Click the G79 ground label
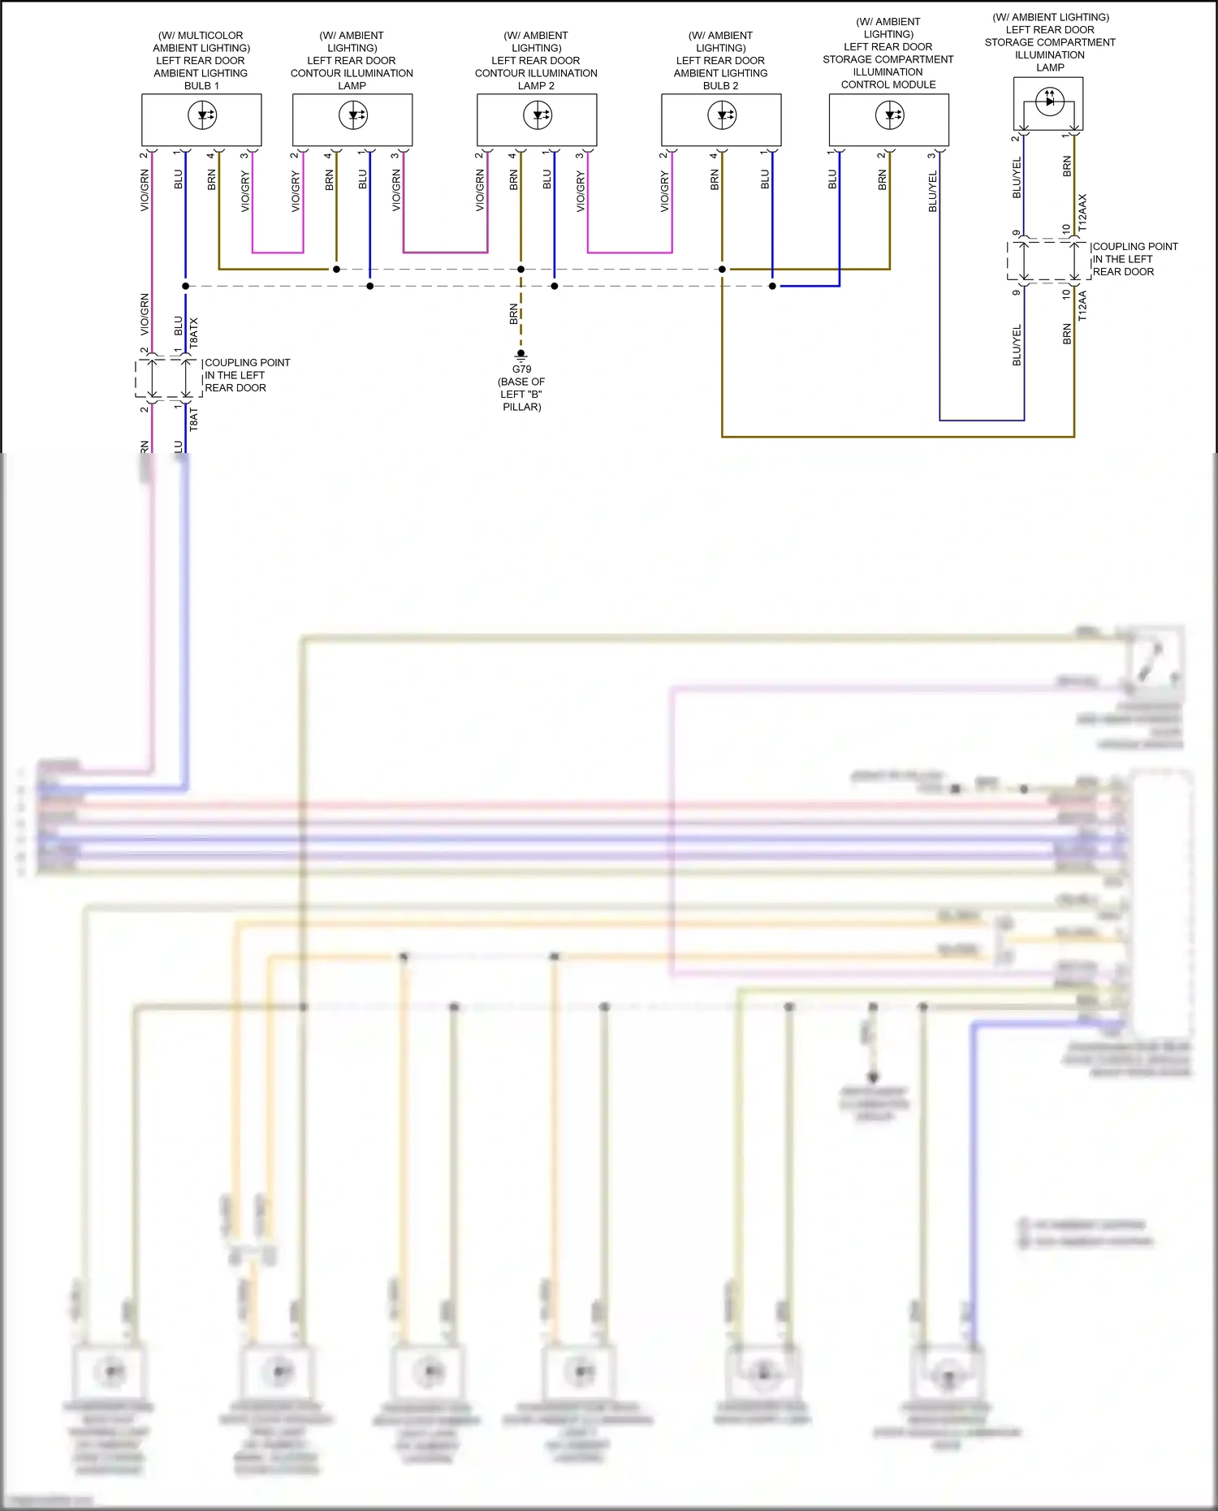pyautogui.click(x=521, y=369)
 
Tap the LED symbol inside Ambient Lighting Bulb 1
pyautogui.click(x=202, y=115)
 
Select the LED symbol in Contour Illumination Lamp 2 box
pyautogui.click(x=538, y=115)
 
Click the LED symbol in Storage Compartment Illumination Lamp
pyautogui.click(x=1050, y=101)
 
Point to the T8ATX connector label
pyautogui.click(x=193, y=333)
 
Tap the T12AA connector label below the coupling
pyautogui.click(x=1082, y=306)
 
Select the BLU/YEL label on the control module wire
pyautogui.click(x=933, y=192)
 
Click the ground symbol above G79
pyautogui.click(x=521, y=355)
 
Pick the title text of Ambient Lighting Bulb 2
pyautogui.click(x=720, y=60)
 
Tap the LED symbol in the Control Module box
pyautogui.click(x=890, y=115)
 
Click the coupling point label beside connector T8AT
pyautogui.click(x=247, y=375)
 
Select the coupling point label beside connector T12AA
pyautogui.click(x=1134, y=259)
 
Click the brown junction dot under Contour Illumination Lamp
pyautogui.click(x=336, y=269)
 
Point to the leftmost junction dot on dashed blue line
pyautogui.click(x=186, y=286)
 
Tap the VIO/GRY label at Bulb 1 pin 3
pyautogui.click(x=245, y=192)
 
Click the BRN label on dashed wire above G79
pyautogui.click(x=513, y=314)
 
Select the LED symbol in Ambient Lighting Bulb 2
pyautogui.click(x=722, y=115)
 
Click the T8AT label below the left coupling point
pyautogui.click(x=193, y=420)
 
